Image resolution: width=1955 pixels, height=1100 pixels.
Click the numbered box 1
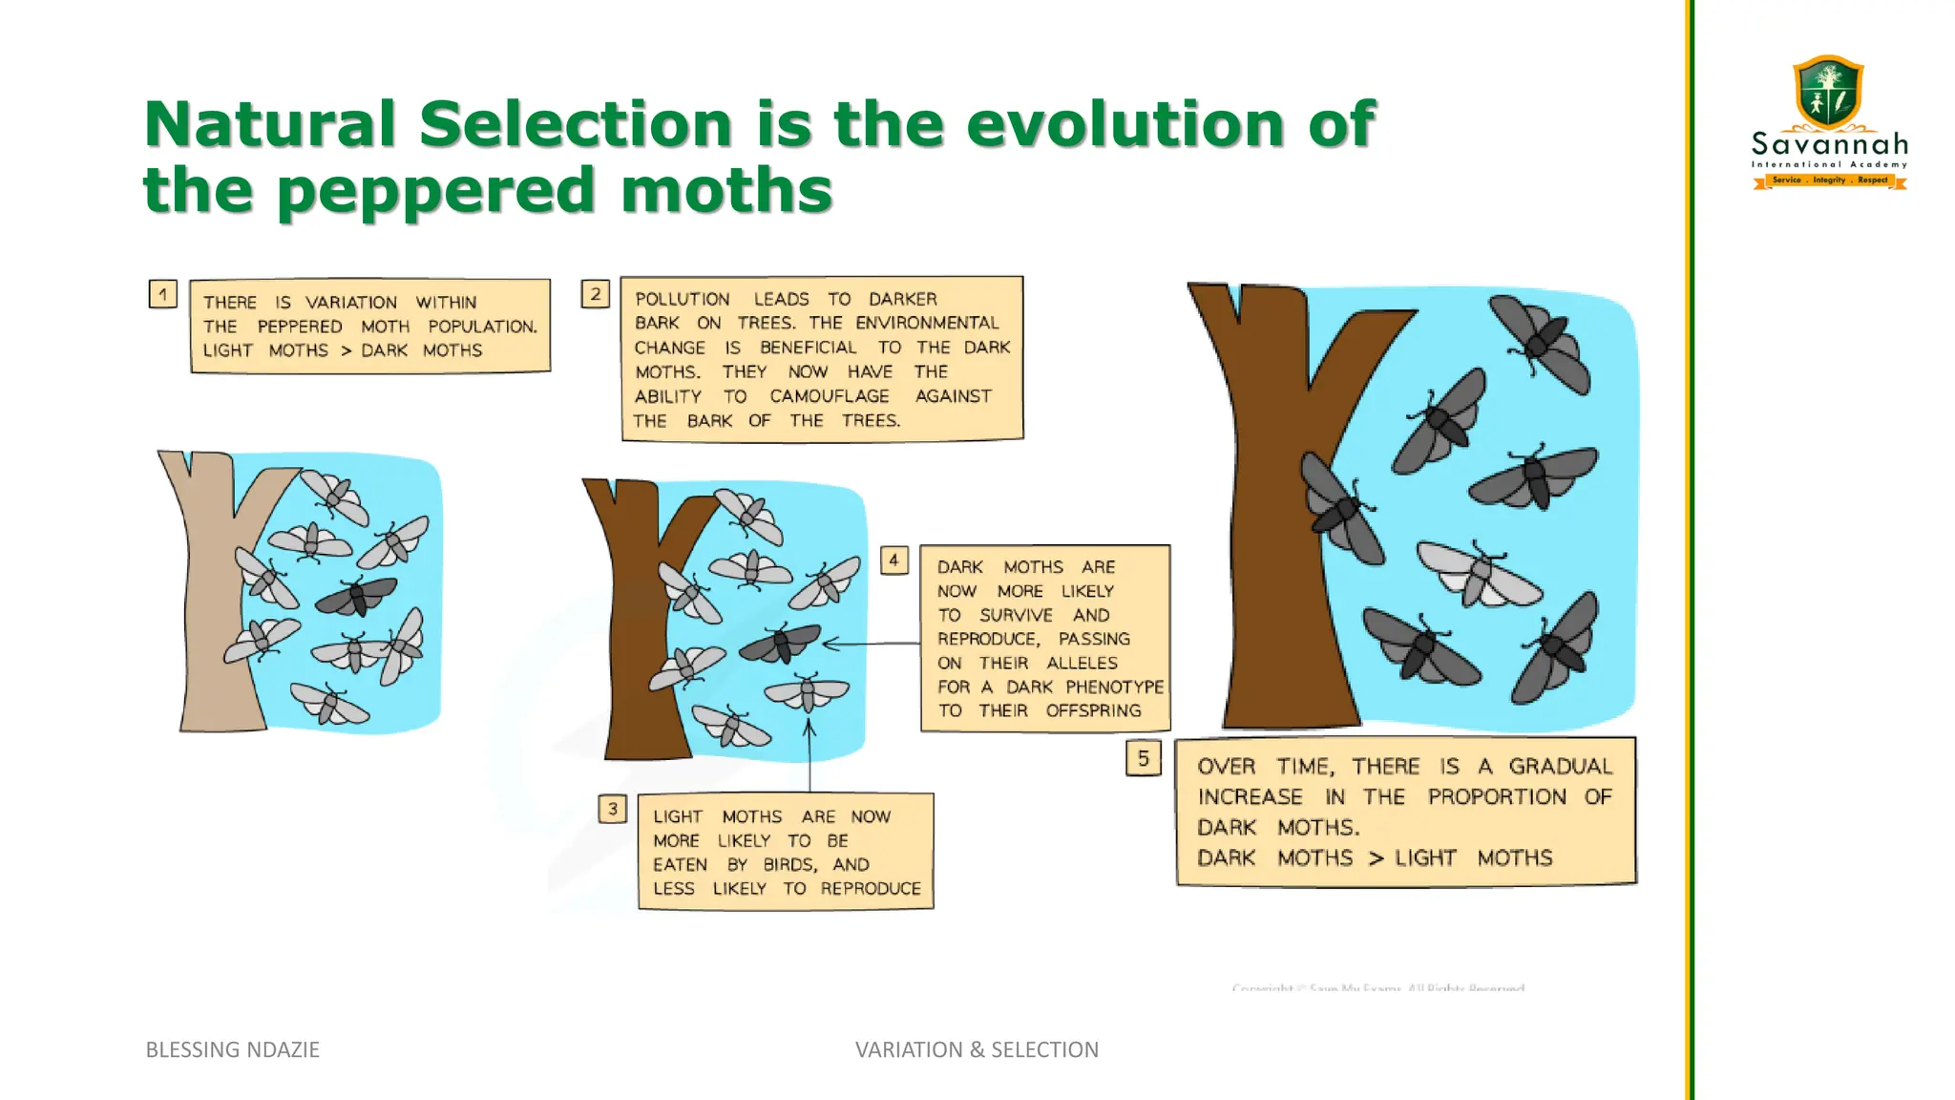coord(163,294)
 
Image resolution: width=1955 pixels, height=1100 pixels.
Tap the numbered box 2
coord(596,293)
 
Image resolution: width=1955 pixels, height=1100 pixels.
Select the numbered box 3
coord(613,809)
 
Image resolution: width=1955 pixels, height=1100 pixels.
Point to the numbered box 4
coord(893,560)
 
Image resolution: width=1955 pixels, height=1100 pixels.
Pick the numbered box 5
coord(1143,758)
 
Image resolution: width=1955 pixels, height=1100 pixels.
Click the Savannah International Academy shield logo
coord(1828,93)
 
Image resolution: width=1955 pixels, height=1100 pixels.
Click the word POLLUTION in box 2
coord(682,299)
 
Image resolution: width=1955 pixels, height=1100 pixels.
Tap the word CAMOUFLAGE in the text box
coord(830,396)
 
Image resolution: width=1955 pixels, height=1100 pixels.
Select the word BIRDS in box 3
coord(788,865)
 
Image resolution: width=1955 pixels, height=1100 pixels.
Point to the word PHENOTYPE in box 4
coord(1114,687)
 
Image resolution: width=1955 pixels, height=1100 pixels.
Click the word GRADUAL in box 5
coord(1560,767)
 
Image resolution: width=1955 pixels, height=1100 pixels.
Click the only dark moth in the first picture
coord(356,597)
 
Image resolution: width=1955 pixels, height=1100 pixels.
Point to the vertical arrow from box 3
coord(809,754)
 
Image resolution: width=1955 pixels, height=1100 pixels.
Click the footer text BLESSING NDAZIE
coord(232,1049)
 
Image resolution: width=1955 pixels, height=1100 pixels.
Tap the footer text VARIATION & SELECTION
coord(977,1049)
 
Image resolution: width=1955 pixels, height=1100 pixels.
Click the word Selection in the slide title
coord(576,124)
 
